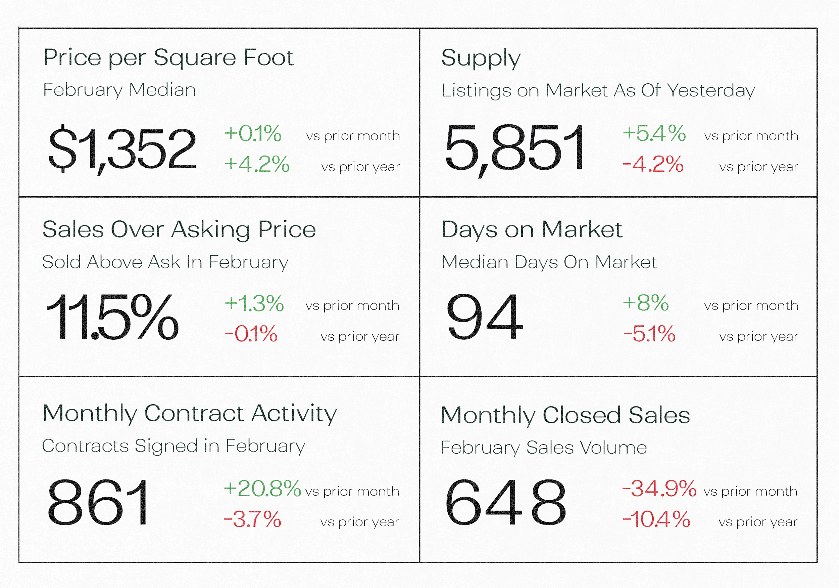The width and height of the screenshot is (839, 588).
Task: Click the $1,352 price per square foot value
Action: click(x=122, y=149)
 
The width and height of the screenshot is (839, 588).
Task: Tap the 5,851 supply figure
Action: click(x=514, y=149)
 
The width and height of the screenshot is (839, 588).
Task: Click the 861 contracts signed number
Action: click(x=98, y=502)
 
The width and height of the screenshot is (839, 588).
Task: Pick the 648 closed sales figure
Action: click(x=505, y=502)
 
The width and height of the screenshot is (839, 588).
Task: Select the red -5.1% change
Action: click(x=649, y=334)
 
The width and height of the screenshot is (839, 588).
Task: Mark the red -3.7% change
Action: click(x=252, y=519)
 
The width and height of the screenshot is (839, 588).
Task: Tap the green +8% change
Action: click(x=646, y=303)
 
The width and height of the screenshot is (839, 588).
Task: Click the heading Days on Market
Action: click(x=532, y=230)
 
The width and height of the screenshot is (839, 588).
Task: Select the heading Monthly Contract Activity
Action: click(x=189, y=414)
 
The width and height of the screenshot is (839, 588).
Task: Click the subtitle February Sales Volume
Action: click(x=543, y=448)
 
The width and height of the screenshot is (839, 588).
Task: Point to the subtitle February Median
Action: click(x=119, y=90)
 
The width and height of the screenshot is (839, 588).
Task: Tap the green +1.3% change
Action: click(x=254, y=304)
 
